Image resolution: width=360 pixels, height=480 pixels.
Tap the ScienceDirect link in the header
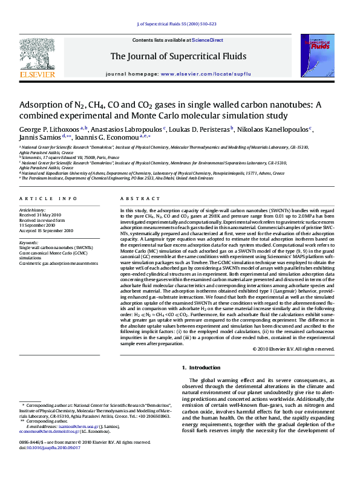pos(208,40)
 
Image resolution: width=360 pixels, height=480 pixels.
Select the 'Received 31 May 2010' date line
pos(39,215)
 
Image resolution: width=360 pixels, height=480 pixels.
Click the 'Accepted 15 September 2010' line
pos(46,230)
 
